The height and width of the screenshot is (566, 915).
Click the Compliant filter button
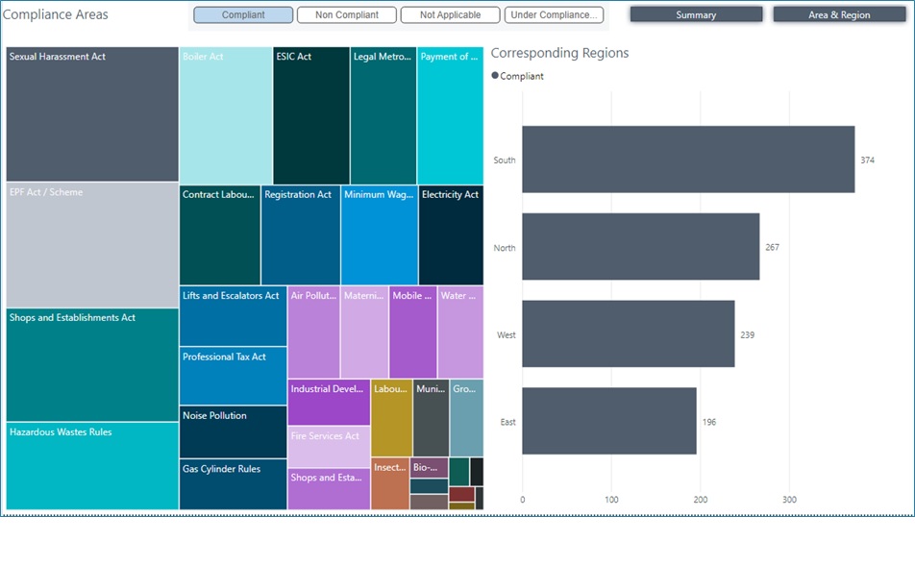pyautogui.click(x=243, y=15)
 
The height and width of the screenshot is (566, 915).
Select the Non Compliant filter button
pyautogui.click(x=346, y=15)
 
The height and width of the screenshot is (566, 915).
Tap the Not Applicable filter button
pyautogui.click(x=450, y=15)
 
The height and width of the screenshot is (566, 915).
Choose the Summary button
pyautogui.click(x=696, y=15)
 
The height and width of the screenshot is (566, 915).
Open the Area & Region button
pyautogui.click(x=839, y=15)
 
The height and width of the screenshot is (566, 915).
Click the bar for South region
pyautogui.click(x=688, y=160)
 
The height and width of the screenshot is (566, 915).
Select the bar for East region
pyautogui.click(x=609, y=421)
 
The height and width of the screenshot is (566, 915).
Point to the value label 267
pyautogui.click(x=772, y=248)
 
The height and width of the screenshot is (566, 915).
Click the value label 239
pyautogui.click(x=748, y=335)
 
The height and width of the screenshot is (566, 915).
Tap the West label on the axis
pyautogui.click(x=506, y=335)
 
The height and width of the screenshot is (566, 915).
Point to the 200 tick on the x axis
pyautogui.click(x=701, y=500)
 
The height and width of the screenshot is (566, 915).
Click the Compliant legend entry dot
pyautogui.click(x=496, y=76)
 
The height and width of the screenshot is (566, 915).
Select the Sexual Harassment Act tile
pyautogui.click(x=92, y=114)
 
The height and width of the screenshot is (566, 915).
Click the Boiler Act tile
pyautogui.click(x=226, y=115)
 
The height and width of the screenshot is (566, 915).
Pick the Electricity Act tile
pyautogui.click(x=451, y=235)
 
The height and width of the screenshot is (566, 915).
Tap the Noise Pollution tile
pyautogui.click(x=233, y=431)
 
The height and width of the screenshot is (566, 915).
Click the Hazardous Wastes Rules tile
pyautogui.click(x=92, y=466)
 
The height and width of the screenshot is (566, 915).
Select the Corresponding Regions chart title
pyautogui.click(x=559, y=53)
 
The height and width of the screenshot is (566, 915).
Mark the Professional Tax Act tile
pyautogui.click(x=233, y=376)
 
